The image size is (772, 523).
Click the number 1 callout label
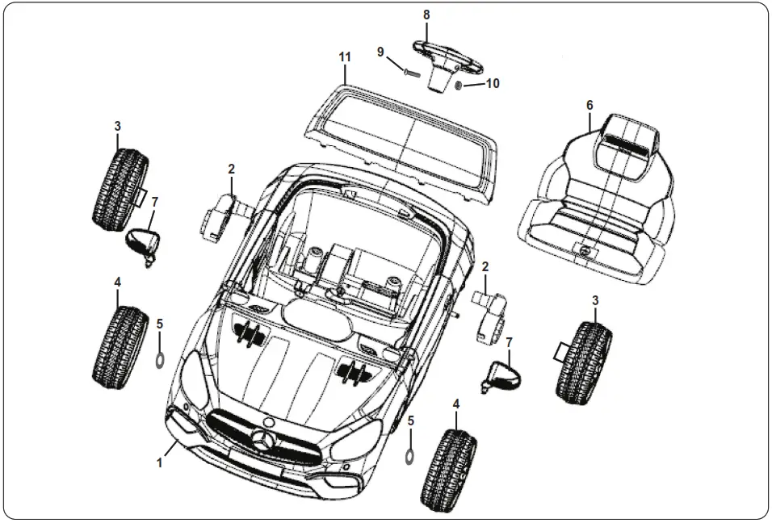pyautogui.click(x=160, y=462)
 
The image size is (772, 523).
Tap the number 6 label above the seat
pyautogui.click(x=589, y=106)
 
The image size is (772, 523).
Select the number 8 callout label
pyautogui.click(x=426, y=15)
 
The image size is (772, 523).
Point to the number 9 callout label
pyautogui.click(x=380, y=52)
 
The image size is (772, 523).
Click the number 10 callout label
pyautogui.click(x=493, y=83)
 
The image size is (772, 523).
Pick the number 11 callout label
pyautogui.click(x=345, y=56)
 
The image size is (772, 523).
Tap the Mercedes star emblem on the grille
pyautogui.click(x=262, y=440)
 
